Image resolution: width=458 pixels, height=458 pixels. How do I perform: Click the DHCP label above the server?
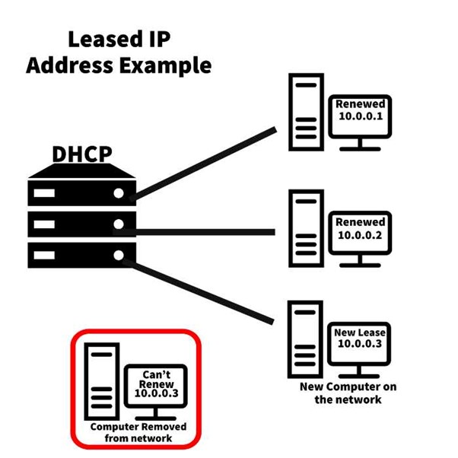pyautogui.click(x=82, y=154)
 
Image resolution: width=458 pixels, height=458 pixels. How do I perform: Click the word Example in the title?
pyautogui.click(x=165, y=66)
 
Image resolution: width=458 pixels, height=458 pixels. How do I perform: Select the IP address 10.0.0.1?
pyautogui.click(x=361, y=116)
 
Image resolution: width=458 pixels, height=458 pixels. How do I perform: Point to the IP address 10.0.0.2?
pyautogui.click(x=360, y=235)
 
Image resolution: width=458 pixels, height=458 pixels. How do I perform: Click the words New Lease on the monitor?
pyautogui.click(x=360, y=332)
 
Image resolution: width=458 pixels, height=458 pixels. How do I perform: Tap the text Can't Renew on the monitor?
pyautogui.click(x=157, y=379)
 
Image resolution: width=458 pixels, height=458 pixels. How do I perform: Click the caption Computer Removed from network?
pyautogui.click(x=138, y=432)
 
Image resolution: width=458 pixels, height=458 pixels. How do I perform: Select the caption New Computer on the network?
pyautogui.click(x=348, y=393)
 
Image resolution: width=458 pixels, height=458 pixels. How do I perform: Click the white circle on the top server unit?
pyautogui.click(x=119, y=193)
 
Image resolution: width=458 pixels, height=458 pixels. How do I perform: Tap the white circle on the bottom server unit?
pyautogui.click(x=119, y=256)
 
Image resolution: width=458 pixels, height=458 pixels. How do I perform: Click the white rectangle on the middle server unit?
pyautogui.click(x=44, y=224)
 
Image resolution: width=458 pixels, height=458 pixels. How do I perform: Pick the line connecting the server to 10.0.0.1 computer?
pyautogui.click(x=202, y=164)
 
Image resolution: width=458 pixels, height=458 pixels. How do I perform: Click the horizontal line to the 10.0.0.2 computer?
pyautogui.click(x=194, y=232)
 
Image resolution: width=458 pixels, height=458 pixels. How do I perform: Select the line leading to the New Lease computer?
pyautogui.click(x=199, y=291)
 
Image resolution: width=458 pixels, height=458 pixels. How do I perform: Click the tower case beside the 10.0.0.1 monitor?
pyautogui.click(x=306, y=112)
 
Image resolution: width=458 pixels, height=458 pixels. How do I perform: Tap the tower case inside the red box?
pyautogui.click(x=102, y=381)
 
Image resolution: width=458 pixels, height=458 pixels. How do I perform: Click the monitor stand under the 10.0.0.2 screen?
pyautogui.click(x=360, y=261)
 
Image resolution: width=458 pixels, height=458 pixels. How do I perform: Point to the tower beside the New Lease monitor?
pyautogui.click(x=305, y=339)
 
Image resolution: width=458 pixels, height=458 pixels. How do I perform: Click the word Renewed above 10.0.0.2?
pyautogui.click(x=360, y=222)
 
